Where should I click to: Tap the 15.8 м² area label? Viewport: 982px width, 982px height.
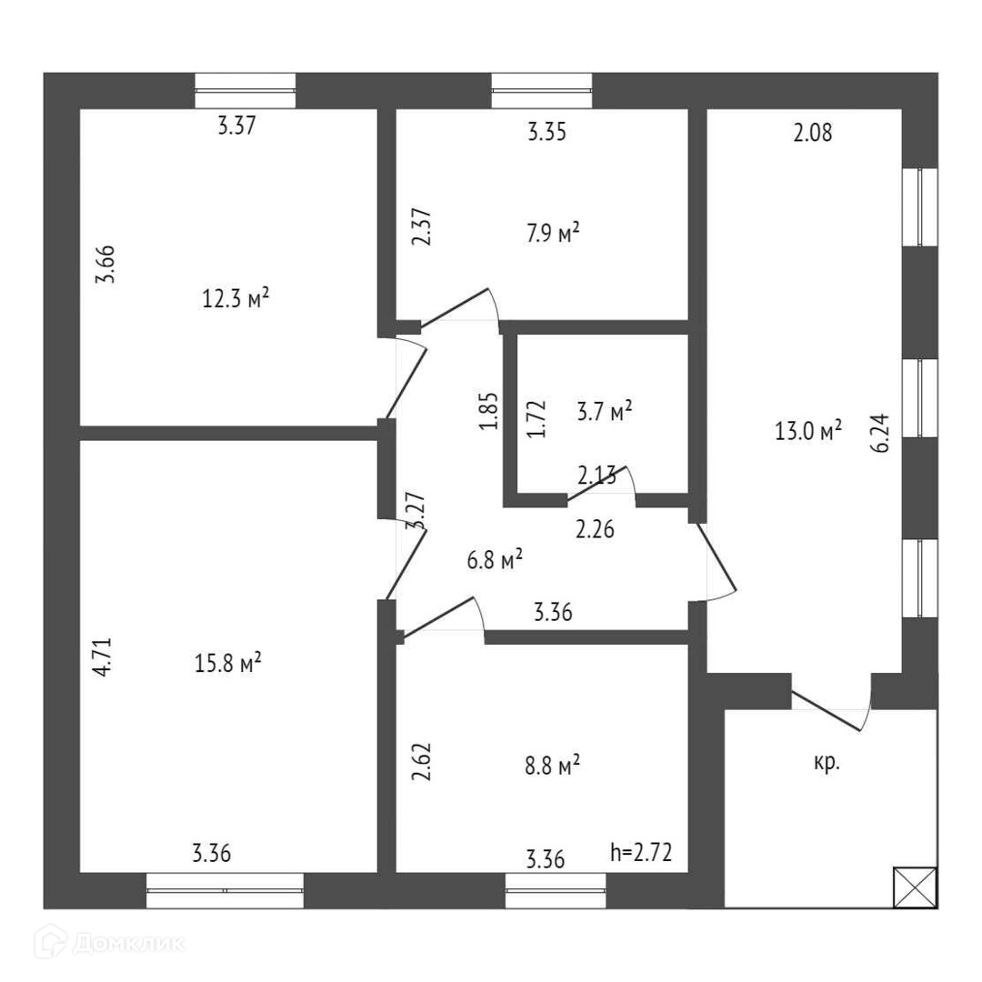(229, 664)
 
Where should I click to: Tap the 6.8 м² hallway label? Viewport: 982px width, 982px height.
(495, 560)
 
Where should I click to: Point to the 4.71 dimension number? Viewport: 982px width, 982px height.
(105, 656)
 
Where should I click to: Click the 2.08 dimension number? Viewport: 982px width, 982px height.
(813, 134)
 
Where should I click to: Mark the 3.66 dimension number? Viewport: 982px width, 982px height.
(106, 266)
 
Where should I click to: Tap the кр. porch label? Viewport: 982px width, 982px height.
(826, 763)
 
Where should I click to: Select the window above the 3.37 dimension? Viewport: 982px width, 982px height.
(245, 90)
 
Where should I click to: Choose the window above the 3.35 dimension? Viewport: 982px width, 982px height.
(542, 90)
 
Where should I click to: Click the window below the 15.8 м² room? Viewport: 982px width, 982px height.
(225, 890)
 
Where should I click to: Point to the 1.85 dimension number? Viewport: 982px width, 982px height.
(489, 411)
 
